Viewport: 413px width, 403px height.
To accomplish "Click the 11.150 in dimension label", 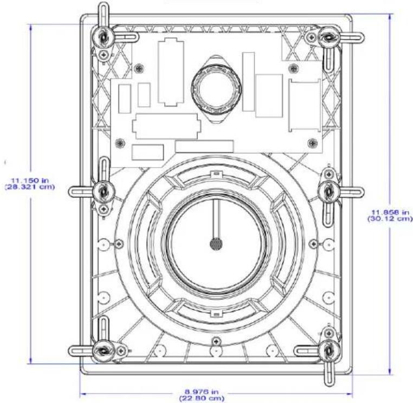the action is coord(30,181).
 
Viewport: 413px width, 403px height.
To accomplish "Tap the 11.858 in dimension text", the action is coord(390,212).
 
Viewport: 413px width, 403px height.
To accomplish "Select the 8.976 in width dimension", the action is coord(202,392).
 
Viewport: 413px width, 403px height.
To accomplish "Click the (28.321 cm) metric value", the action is coord(30,187).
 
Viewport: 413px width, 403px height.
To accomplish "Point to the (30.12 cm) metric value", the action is coord(390,219).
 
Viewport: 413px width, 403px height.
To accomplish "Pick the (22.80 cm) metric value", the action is coord(202,398).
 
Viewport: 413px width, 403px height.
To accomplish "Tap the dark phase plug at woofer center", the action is coord(216,244).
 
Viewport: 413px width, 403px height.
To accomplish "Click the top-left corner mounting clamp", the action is coord(103,37).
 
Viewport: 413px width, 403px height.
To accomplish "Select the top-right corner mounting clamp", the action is coord(328,37).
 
